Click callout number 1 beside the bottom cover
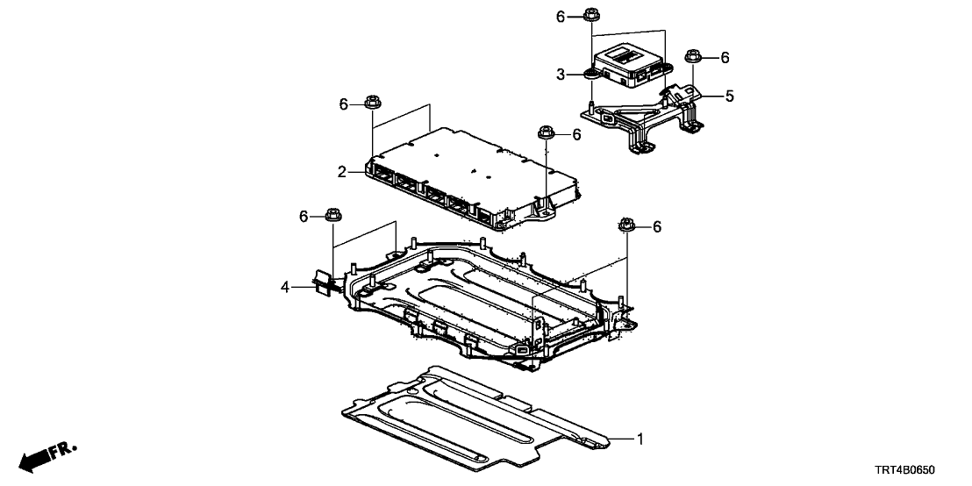pyautogui.click(x=640, y=437)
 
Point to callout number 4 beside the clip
pyautogui.click(x=284, y=286)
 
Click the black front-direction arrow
pyautogui.click(x=34, y=459)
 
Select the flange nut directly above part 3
pyautogui.click(x=589, y=15)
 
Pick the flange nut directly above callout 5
pyautogui.click(x=693, y=55)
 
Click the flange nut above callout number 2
pyautogui.click(x=370, y=104)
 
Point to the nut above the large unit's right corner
pyautogui.click(x=545, y=133)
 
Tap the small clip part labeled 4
pyautogui.click(x=322, y=283)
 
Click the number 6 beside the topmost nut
pyautogui.click(x=561, y=16)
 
